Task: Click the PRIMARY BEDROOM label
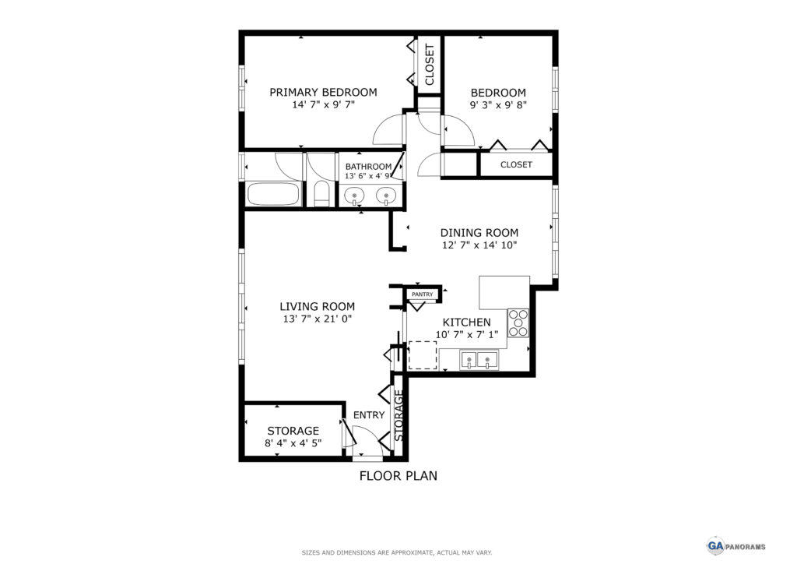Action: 323,92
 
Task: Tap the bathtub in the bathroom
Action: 273,194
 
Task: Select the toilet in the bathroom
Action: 321,193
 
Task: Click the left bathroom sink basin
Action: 354,195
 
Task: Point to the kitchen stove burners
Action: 518,323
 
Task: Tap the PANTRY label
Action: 423,294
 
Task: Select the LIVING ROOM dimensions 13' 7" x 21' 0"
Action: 318,319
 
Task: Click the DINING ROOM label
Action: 479,232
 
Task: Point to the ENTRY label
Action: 369,415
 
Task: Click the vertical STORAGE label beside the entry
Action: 399,415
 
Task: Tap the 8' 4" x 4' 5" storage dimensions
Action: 293,443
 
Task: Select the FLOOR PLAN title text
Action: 398,476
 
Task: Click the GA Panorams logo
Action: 736,546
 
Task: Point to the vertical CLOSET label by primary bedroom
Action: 430,65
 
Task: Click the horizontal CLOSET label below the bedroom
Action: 516,165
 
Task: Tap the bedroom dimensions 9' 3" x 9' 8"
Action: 498,104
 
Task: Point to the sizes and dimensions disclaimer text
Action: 397,552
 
